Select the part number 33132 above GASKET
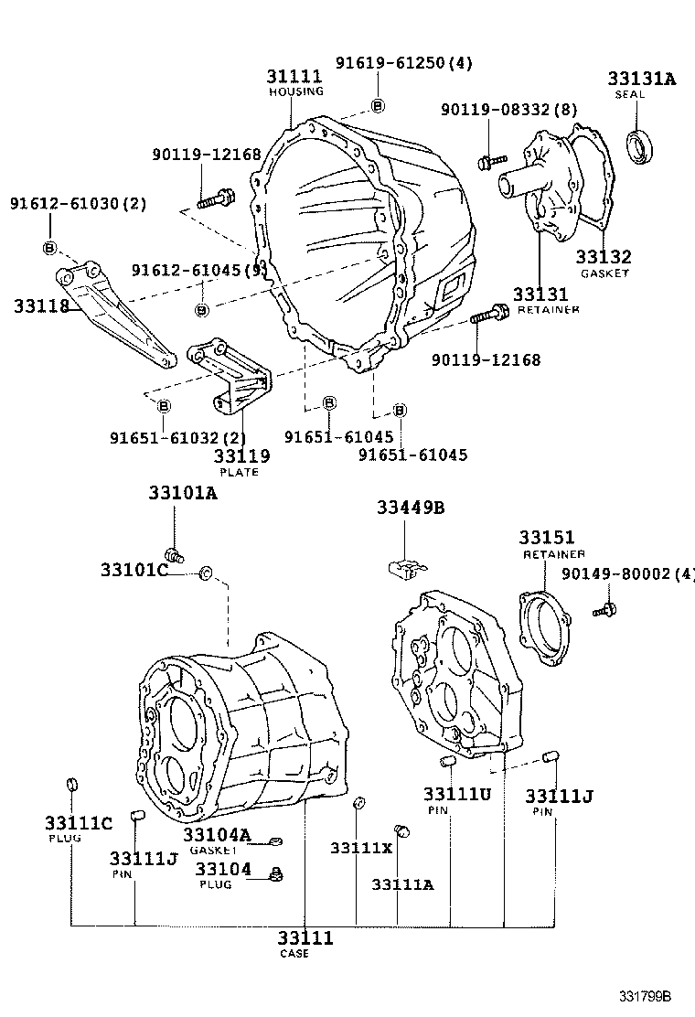pos(604,258)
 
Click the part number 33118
pos(41,305)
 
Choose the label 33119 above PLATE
pos(241,456)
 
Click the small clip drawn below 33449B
pos(401,567)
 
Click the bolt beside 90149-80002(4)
pos(604,607)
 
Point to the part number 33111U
pos(456,794)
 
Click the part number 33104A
pos(216,834)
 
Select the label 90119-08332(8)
pos(508,110)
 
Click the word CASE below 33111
pos(294,954)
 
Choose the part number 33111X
pos(361,848)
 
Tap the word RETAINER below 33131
pos(549,310)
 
